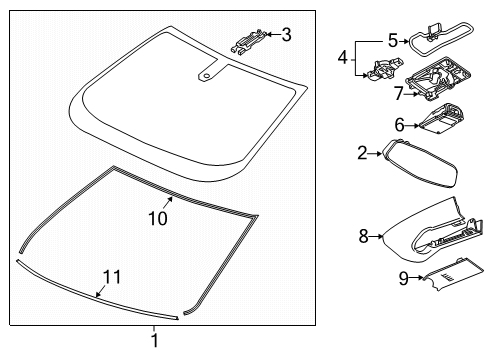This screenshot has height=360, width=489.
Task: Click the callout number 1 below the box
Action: coord(154,341)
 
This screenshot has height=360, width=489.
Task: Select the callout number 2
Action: coord(362,153)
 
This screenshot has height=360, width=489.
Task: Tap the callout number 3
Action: coord(286,35)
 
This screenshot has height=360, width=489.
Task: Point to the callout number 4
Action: coord(343,58)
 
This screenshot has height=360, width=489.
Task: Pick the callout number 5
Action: coord(393,41)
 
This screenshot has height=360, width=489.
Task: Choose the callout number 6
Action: coord(399,125)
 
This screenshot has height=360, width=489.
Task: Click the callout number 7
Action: coord(399,93)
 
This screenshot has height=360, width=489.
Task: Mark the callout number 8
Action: coord(363,236)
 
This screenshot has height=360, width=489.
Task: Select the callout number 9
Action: coord(404,278)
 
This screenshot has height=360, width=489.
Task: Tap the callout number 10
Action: coord(158,219)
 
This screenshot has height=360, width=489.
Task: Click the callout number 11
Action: coord(112,277)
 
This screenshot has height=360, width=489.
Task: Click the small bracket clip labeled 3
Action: coord(249,40)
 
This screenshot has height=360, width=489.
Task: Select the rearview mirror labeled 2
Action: coord(420,164)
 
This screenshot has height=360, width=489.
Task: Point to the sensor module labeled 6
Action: coord(441,119)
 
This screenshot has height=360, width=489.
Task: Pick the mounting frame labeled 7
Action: coord(438,78)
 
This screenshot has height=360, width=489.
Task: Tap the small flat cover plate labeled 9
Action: coord(452,272)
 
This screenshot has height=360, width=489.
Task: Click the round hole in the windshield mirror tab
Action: coord(207,75)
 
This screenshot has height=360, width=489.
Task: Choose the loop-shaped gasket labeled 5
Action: coord(441,39)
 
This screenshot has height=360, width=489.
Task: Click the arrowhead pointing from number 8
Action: coord(381,236)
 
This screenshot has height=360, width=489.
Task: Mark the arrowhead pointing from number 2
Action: coord(379,153)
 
